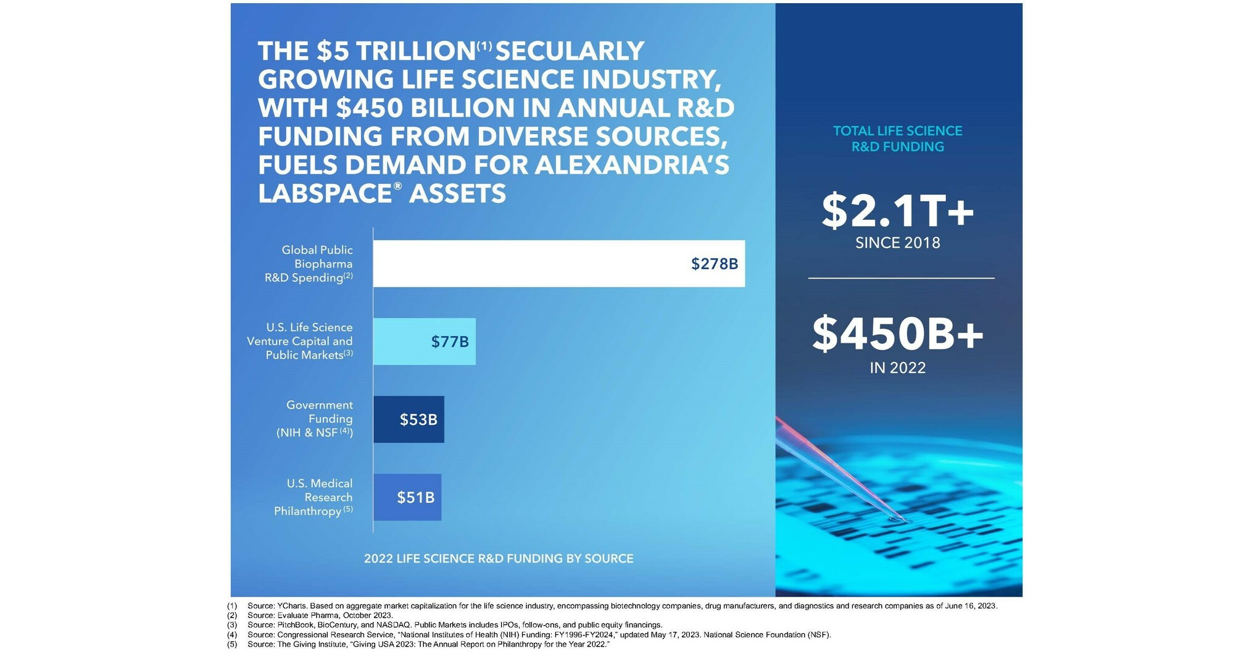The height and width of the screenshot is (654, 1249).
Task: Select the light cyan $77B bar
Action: pyautogui.click(x=401, y=342)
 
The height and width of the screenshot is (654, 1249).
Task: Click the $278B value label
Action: pyautogui.click(x=714, y=264)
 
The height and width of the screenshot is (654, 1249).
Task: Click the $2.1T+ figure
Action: pyautogui.click(x=897, y=211)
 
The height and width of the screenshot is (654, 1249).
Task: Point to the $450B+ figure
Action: pyautogui.click(x=897, y=333)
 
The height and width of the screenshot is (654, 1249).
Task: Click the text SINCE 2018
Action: pyautogui.click(x=897, y=243)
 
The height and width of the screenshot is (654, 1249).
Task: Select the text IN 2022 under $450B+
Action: pyautogui.click(x=897, y=368)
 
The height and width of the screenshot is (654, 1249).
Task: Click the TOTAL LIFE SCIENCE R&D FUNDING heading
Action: pyautogui.click(x=897, y=139)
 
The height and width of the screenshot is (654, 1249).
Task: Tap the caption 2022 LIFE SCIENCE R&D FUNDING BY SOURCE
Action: pyautogui.click(x=499, y=558)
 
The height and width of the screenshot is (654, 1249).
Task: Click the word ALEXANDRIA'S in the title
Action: pyautogui.click(x=632, y=165)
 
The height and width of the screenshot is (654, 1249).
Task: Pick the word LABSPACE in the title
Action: pyautogui.click(x=325, y=194)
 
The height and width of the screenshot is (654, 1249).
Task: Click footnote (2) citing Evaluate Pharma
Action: pyautogui.click(x=320, y=615)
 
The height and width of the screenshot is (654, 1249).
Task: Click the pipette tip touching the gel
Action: pyautogui.click(x=894, y=519)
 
